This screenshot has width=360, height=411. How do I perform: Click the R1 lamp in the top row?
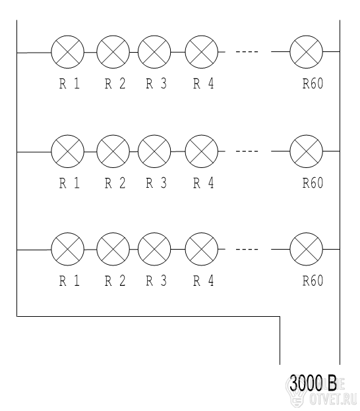68,52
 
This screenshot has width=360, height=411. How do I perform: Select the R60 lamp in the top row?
307,52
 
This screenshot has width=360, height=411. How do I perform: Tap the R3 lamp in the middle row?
154,151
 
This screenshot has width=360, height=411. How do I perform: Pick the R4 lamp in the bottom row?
202,249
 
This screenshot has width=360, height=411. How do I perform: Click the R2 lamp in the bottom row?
113,249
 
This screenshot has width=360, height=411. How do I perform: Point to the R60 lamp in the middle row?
307,151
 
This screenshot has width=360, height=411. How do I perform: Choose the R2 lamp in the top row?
113,52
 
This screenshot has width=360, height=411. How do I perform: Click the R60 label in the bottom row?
313,281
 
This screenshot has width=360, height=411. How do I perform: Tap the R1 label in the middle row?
69,183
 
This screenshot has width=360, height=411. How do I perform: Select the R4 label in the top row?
204,84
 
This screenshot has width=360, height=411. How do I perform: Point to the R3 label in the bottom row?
156,281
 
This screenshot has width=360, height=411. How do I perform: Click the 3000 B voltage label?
313,384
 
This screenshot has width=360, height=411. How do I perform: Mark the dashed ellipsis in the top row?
247,52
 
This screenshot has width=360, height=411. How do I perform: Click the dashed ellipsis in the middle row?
247,151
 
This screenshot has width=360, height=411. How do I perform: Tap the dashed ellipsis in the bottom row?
247,249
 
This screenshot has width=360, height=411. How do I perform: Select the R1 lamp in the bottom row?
68,249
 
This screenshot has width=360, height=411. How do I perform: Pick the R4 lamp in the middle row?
202,151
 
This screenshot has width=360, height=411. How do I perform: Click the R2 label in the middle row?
115,183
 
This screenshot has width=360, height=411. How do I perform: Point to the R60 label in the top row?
313,84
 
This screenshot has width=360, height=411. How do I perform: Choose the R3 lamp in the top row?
154,52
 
